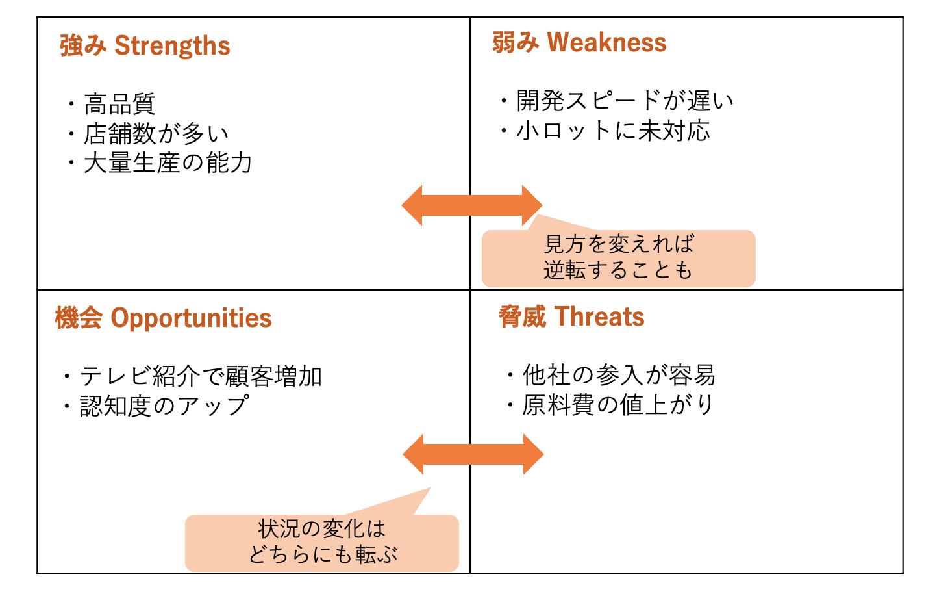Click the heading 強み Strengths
(145, 46)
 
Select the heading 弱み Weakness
(579, 43)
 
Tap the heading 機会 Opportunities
(163, 318)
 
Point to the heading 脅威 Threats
(571, 317)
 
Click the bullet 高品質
(119, 104)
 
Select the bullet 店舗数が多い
(156, 134)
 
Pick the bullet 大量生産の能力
(168, 163)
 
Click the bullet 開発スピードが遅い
(625, 101)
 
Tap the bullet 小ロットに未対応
(613, 131)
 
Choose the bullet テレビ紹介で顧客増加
(201, 376)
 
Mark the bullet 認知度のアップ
(164, 406)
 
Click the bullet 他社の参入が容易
(619, 375)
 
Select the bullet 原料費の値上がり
(617, 405)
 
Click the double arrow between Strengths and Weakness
(471, 205)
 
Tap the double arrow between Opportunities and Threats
(473, 454)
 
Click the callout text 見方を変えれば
(619, 244)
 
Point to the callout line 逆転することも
(618, 270)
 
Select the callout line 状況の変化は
(322, 528)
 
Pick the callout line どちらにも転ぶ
(323, 554)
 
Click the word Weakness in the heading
(606, 43)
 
